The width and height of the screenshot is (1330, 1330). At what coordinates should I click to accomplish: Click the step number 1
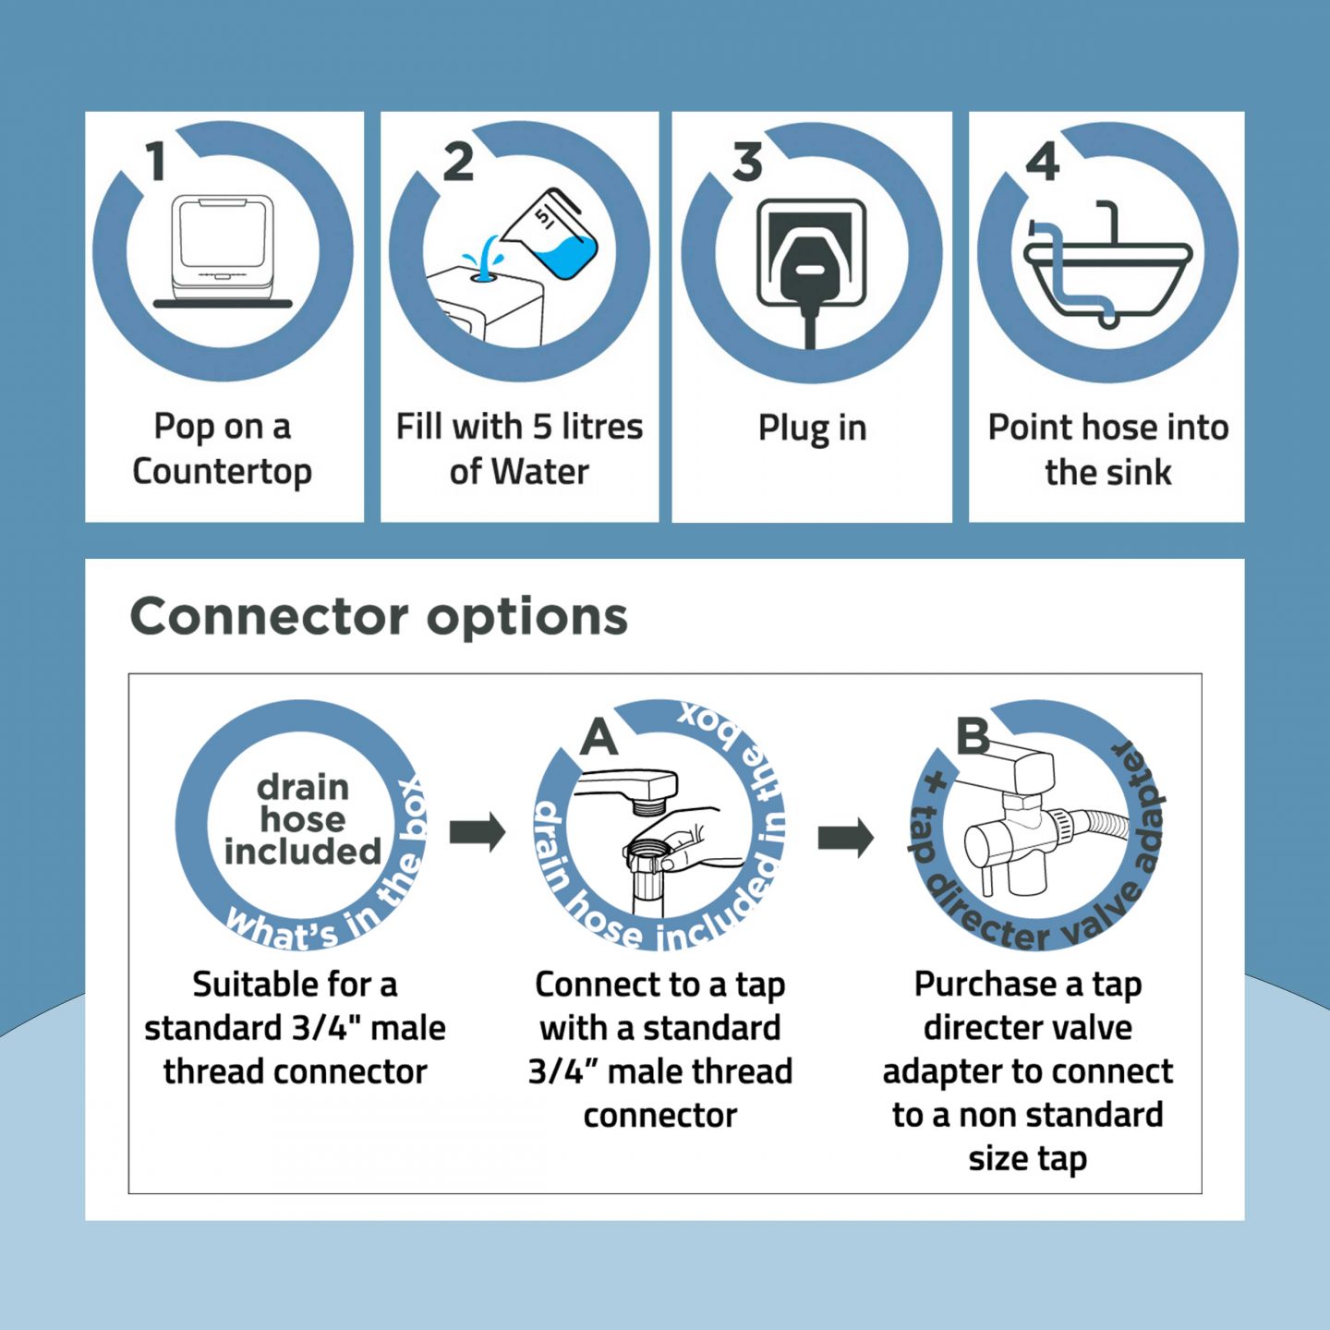pos(157,162)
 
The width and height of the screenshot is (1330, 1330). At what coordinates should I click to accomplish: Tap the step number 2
pos(458,162)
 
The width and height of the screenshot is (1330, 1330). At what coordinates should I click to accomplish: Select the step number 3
pos(747,162)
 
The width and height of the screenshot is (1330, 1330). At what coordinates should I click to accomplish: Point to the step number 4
pos(1042,162)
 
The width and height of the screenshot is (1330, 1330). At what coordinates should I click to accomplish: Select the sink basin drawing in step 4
pos(1107,276)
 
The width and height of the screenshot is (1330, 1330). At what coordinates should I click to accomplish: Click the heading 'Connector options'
pos(379,616)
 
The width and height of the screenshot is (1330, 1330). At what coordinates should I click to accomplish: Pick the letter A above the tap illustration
pos(598,736)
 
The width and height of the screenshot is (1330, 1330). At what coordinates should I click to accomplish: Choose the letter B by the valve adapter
pos(973,736)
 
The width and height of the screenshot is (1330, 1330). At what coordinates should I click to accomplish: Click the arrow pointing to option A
pos(478,831)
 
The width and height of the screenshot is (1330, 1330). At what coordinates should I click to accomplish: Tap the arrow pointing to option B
pos(845,838)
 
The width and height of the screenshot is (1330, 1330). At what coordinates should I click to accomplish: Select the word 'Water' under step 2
pos(539,472)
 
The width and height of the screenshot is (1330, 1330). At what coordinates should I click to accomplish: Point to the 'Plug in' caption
pos(813,429)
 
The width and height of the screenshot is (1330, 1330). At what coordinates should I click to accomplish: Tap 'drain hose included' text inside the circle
pos(302,820)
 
